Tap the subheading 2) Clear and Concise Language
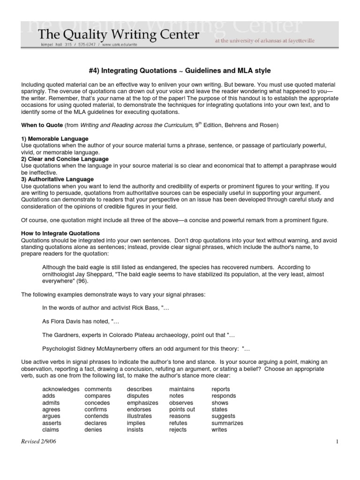[65, 159]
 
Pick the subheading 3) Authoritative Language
[58, 179]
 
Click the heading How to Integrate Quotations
[61, 233]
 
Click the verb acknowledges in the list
[60, 389]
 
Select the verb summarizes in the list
[227, 423]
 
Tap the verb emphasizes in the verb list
[142, 403]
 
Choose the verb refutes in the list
[178, 423]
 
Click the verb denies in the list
[93, 429]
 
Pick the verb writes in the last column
[219, 429]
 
